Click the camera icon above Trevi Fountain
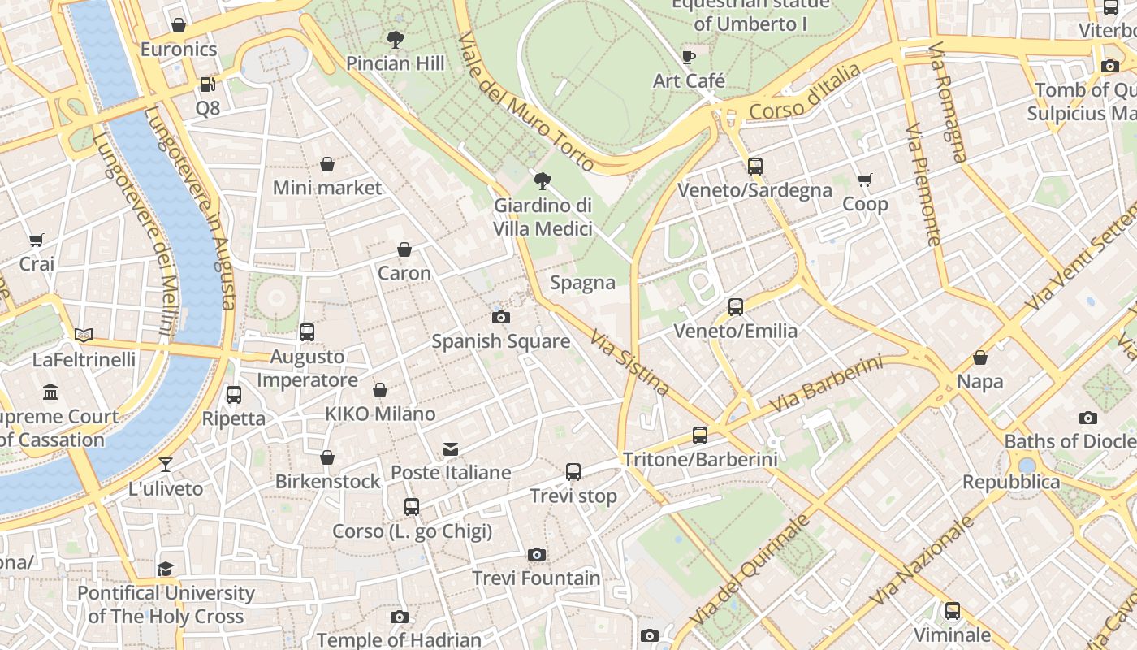(536, 554)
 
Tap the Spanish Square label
(500, 341)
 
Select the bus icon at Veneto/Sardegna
(755, 167)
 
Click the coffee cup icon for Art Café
(689, 57)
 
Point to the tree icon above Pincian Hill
(396, 39)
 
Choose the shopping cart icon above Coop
(864, 180)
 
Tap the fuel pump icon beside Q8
(207, 84)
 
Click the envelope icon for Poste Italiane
(451, 449)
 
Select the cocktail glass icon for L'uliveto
(166, 465)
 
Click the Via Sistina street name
(629, 362)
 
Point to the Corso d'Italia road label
(804, 93)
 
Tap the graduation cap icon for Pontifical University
(166, 569)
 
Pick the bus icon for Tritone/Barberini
(700, 435)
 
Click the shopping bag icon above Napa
(980, 357)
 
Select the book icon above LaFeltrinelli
(84, 335)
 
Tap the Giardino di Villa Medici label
(543, 217)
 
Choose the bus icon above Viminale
(953, 610)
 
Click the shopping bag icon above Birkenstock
(327, 457)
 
